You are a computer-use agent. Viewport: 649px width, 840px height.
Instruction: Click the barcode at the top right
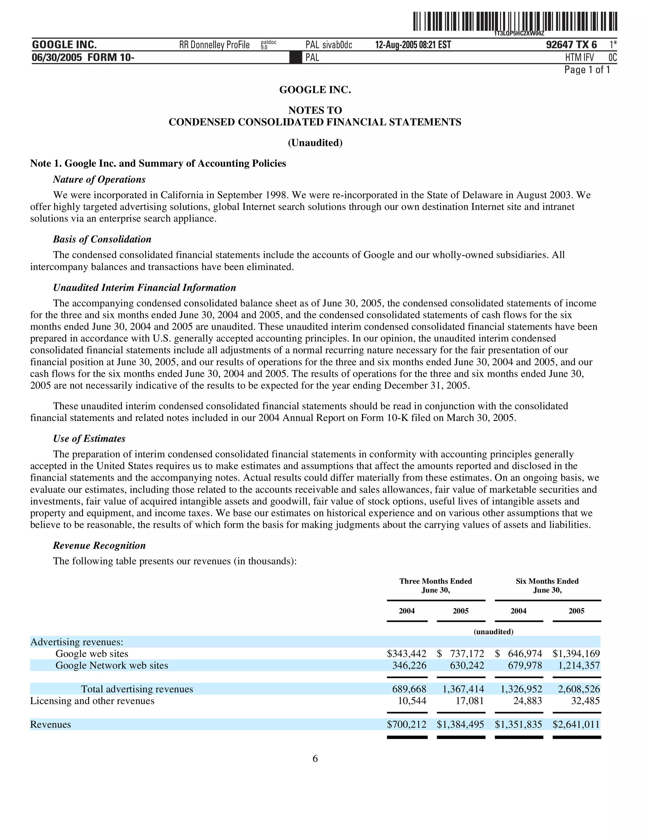pos(515,22)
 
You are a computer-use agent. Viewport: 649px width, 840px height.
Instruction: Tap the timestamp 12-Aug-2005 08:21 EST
pos(413,45)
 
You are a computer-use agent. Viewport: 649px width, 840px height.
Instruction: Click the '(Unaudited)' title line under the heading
pos(315,143)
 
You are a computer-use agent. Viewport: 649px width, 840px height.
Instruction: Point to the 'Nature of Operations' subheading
pos(99,180)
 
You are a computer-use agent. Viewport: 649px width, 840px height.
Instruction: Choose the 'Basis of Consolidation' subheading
pos(102,239)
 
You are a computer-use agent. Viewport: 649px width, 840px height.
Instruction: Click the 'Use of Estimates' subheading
pos(89,438)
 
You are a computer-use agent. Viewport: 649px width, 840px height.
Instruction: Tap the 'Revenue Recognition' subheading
pos(99,546)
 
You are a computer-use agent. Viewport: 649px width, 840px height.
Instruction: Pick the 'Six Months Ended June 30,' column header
pos(547,585)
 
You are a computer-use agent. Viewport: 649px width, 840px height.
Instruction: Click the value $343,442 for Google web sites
pos(407,654)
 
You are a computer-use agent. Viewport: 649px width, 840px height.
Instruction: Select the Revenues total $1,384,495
pos(460,725)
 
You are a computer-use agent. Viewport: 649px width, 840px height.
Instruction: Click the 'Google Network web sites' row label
pos(112,665)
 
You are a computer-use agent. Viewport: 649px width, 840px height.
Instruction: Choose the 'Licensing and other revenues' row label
pos(92,701)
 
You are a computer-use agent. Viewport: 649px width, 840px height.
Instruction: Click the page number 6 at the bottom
pos(315,759)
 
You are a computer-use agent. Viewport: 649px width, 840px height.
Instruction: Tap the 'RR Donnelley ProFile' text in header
pos(214,45)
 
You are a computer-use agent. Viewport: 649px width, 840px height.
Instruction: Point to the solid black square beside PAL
pos(295,58)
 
